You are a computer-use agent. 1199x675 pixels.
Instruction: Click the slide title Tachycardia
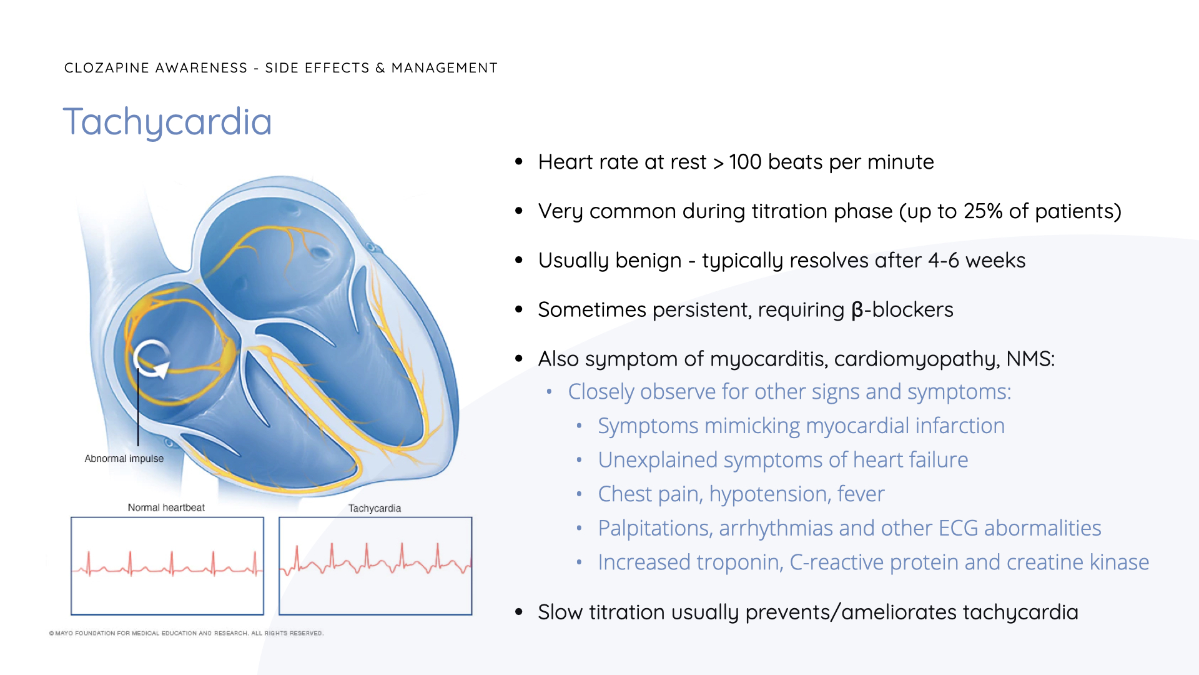(167, 122)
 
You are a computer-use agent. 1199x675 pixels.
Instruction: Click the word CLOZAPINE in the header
(107, 67)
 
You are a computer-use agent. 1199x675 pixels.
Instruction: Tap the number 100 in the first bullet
(746, 162)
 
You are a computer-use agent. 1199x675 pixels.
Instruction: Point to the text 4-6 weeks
(977, 261)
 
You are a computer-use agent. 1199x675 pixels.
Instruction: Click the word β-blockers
(902, 310)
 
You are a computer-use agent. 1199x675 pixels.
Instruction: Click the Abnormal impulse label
(124, 459)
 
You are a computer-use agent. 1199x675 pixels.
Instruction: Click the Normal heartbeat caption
(166, 507)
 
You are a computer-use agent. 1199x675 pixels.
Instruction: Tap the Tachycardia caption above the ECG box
(375, 508)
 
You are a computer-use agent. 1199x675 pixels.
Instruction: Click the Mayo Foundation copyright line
(186, 633)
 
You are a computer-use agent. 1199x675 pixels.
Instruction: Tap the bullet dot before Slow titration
(519, 612)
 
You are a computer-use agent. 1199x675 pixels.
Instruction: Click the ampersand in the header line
(380, 67)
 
